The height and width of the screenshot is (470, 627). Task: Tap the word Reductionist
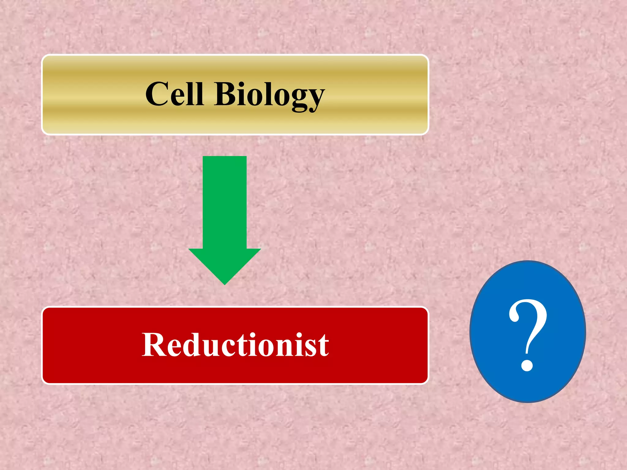(235, 345)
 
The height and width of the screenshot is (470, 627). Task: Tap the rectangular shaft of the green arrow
(224, 202)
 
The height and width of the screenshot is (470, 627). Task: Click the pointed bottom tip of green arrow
(224, 283)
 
